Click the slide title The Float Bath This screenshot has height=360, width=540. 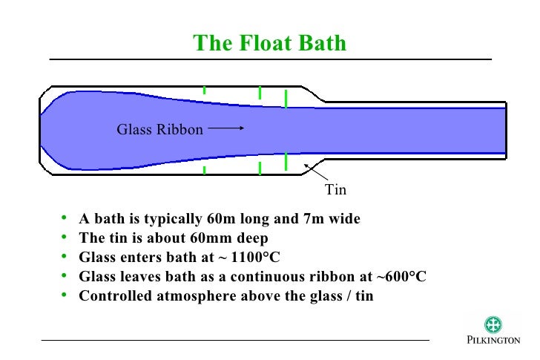click(x=269, y=42)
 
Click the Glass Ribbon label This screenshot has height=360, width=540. click(x=159, y=130)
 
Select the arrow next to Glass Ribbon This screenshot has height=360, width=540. click(x=225, y=128)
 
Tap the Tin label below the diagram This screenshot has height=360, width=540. click(x=336, y=190)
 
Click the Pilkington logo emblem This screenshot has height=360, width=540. click(x=493, y=324)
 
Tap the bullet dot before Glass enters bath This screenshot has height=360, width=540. click(x=65, y=258)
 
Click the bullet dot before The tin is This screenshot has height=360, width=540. click(x=65, y=238)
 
